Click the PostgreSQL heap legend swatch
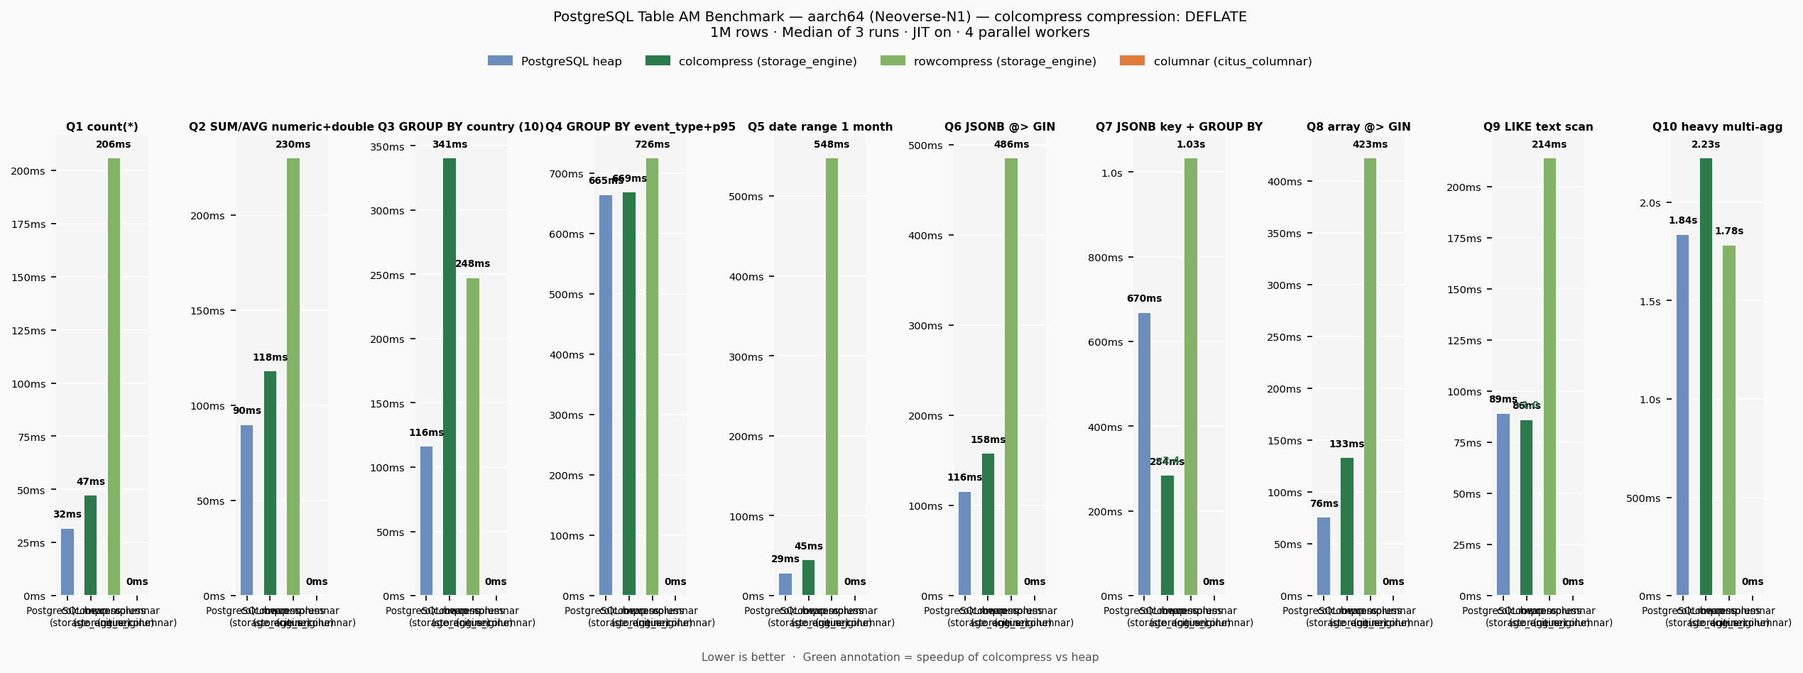click(x=500, y=61)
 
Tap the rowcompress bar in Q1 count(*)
click(x=114, y=376)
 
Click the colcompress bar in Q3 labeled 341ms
click(x=450, y=376)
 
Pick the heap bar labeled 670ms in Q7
click(x=1144, y=454)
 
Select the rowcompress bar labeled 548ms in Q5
click(x=832, y=376)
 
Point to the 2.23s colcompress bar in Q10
click(x=1706, y=376)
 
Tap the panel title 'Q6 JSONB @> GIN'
click(x=999, y=127)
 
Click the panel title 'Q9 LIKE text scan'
click(x=1537, y=127)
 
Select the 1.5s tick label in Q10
click(x=1650, y=302)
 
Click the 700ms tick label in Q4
click(x=566, y=174)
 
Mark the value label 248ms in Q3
click(x=472, y=264)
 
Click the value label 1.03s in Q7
click(x=1190, y=145)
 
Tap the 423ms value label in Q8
click(x=1370, y=145)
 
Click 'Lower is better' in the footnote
click(x=743, y=657)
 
